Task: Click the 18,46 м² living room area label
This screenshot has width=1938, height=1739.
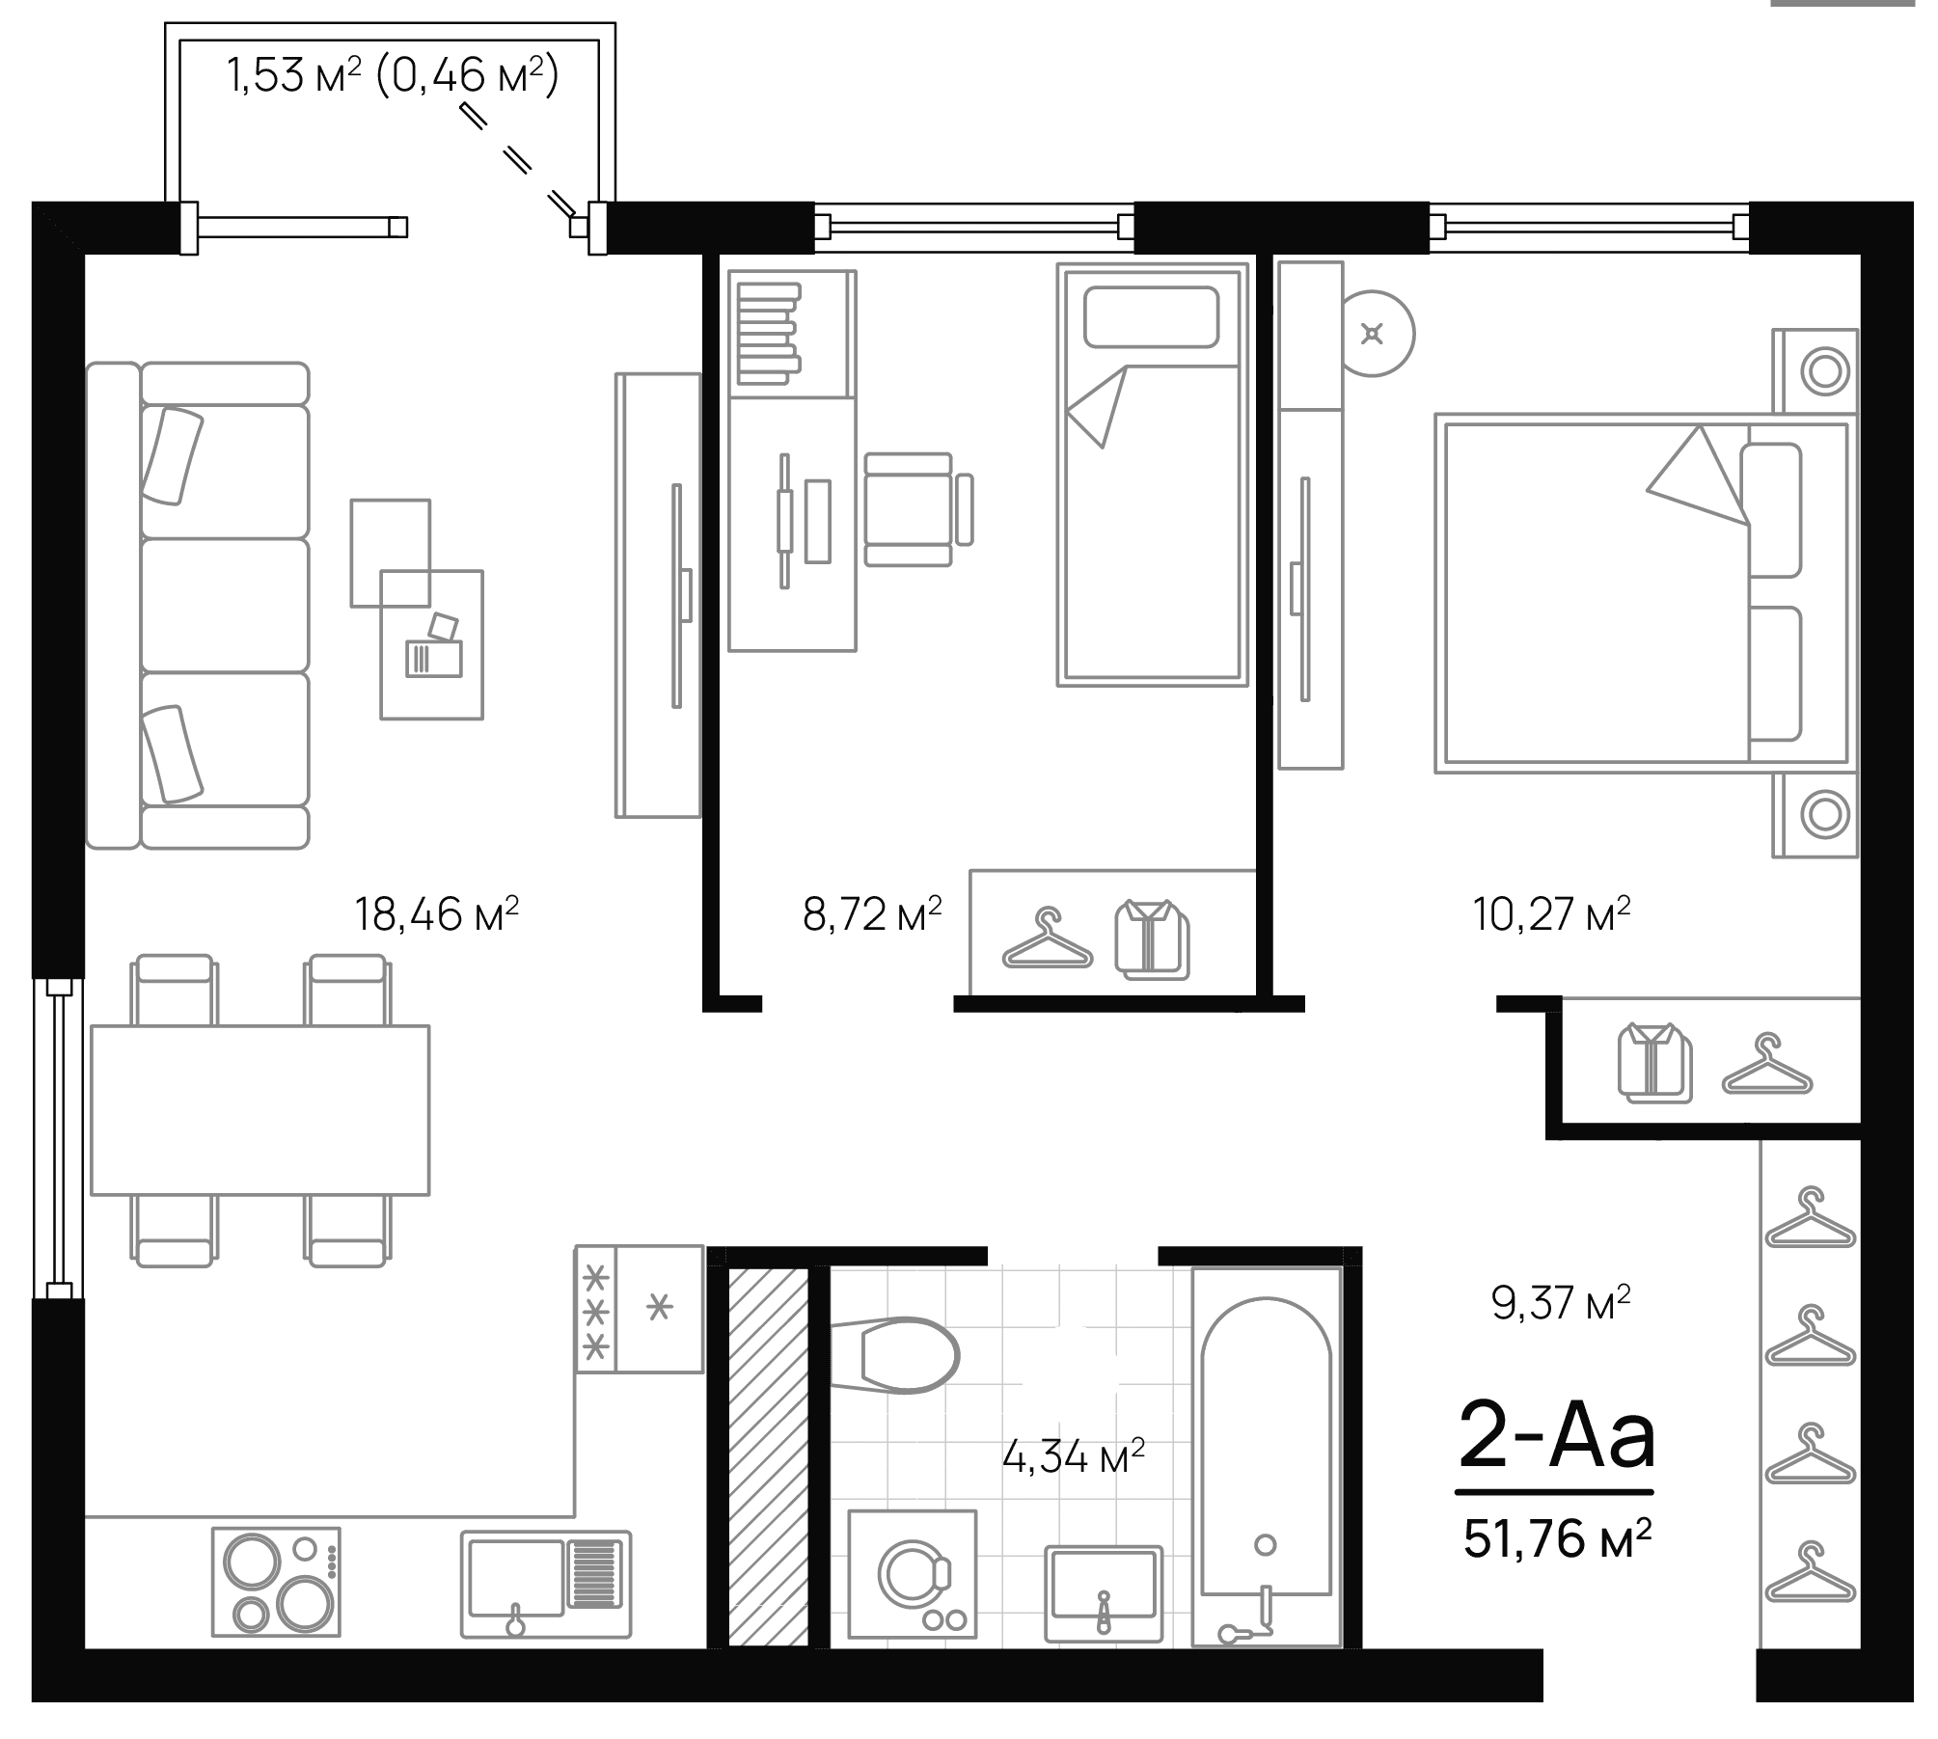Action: pos(437,913)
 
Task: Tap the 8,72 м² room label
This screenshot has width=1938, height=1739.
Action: pos(871,913)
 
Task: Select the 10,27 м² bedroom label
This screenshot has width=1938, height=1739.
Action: pos(1551,913)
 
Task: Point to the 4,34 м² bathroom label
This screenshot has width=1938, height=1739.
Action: pos(1073,1456)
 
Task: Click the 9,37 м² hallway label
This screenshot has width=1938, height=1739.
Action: pos(1560,1304)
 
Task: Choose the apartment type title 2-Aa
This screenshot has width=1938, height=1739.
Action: pos(1556,1438)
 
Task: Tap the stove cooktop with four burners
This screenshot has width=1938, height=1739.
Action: pos(276,1582)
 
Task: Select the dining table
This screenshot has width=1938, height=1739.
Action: pos(259,1110)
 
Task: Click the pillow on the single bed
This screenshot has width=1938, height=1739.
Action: pos(1151,317)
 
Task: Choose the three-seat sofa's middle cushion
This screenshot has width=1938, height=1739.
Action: pos(225,605)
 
